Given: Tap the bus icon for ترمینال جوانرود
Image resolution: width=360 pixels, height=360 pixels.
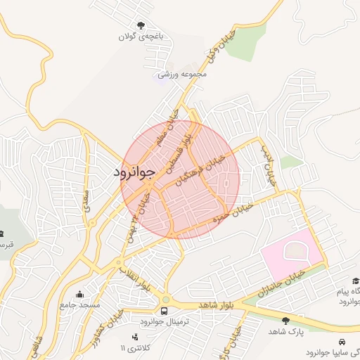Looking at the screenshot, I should (165, 310).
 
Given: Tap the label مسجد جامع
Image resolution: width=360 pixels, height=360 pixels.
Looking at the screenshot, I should (79, 306).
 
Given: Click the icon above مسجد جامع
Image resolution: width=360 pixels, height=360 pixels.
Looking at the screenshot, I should (79, 295).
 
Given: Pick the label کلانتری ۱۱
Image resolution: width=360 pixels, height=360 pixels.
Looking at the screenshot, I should (136, 348).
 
